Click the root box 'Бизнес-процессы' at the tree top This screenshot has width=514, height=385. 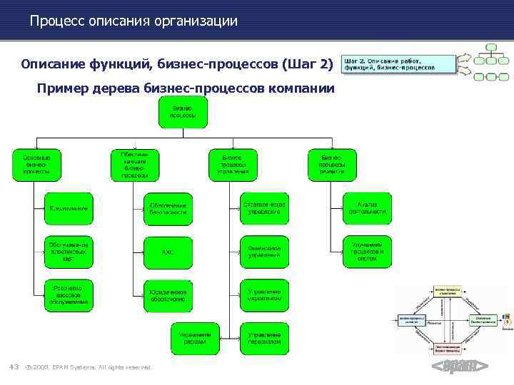[x=182, y=112]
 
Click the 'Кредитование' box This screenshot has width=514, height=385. [x=69, y=208]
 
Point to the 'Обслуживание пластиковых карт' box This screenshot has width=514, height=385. [x=69, y=251]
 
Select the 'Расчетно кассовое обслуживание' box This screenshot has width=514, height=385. [x=69, y=295]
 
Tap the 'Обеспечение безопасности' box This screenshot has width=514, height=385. [x=168, y=208]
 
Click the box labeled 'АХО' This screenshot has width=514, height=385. [x=168, y=252]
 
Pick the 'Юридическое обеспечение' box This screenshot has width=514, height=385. [x=168, y=295]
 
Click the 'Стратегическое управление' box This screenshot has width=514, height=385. [x=264, y=208]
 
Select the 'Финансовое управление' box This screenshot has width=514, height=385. [x=264, y=252]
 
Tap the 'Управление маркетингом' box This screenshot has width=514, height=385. [x=264, y=295]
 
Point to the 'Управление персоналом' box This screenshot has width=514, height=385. [x=264, y=338]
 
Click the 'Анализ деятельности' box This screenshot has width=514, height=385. [x=368, y=208]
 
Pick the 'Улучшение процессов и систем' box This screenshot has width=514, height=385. [x=368, y=252]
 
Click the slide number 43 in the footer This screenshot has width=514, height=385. [x=13, y=367]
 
